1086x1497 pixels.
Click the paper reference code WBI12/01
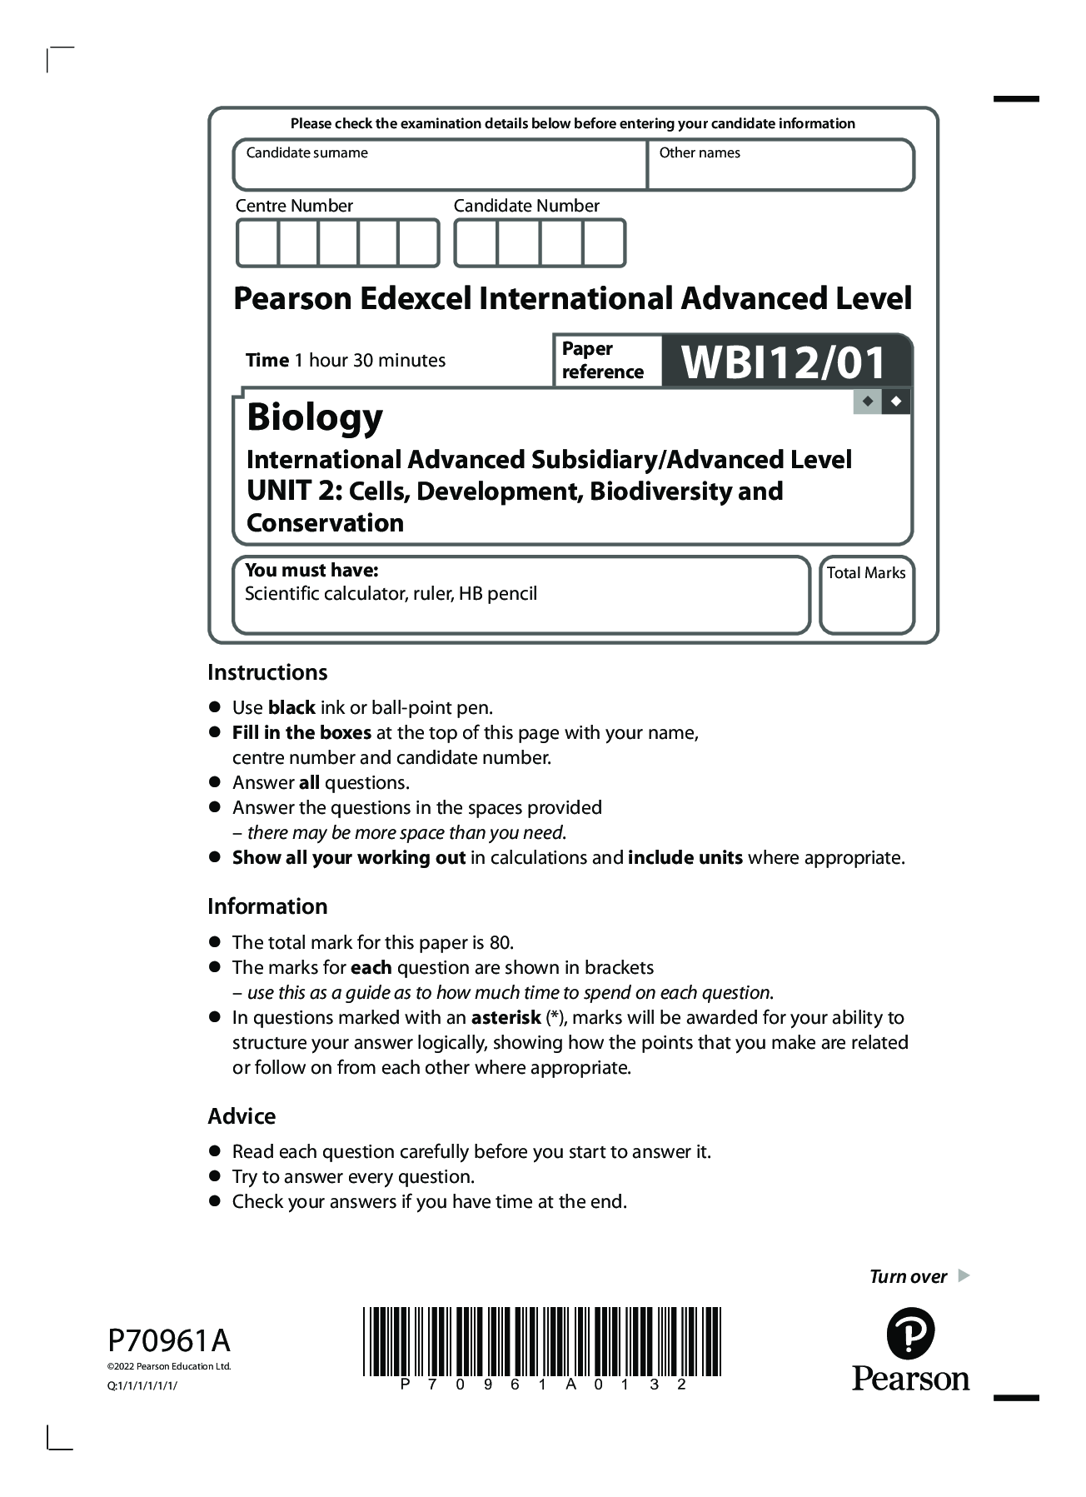(x=783, y=362)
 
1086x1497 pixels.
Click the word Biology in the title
(x=315, y=417)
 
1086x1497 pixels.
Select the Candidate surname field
(x=440, y=171)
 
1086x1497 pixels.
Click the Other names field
(x=780, y=171)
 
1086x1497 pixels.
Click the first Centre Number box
(x=257, y=243)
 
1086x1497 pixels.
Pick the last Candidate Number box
(x=604, y=243)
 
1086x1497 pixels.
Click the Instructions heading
(x=267, y=672)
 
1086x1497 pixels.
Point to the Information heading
(x=267, y=906)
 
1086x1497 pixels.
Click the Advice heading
(x=242, y=1116)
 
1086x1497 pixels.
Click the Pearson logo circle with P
(x=910, y=1334)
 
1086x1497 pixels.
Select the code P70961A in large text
(x=169, y=1340)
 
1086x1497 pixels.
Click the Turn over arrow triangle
(x=964, y=1275)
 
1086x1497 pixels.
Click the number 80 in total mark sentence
(x=500, y=943)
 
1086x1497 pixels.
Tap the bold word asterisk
(x=506, y=1018)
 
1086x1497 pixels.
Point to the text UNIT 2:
(x=294, y=492)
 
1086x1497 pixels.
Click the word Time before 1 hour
(x=267, y=361)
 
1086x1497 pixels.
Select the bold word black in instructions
(x=291, y=708)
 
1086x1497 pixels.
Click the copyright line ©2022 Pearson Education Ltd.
(x=169, y=1366)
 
